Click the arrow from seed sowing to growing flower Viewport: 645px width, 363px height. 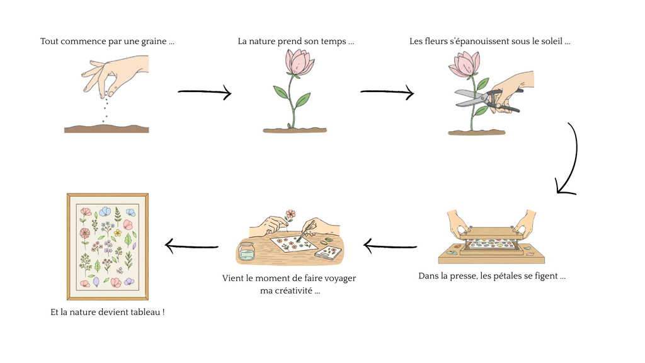click(205, 93)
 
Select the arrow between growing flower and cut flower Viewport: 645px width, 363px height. click(387, 93)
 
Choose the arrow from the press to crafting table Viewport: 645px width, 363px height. click(391, 246)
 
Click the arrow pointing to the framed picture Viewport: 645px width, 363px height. click(191, 246)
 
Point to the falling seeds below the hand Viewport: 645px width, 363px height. click(106, 107)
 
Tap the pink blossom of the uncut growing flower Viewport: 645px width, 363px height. click(299, 62)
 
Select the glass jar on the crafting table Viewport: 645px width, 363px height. click(246, 252)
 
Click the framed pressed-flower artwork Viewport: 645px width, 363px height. click(108, 246)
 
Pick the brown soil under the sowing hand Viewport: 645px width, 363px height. click(106, 129)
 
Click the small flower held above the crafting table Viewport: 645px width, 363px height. click(290, 214)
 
